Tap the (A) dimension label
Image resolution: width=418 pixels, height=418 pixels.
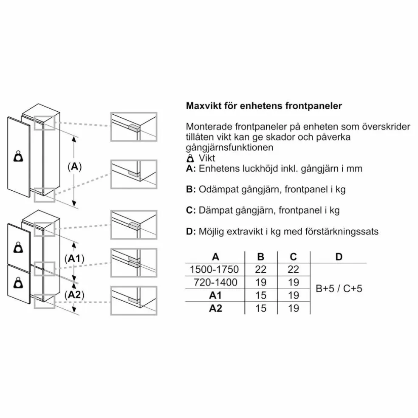75,167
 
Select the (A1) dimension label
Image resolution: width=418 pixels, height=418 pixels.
74,258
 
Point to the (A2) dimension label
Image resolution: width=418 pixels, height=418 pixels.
74,295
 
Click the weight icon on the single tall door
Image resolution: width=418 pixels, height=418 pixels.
18,156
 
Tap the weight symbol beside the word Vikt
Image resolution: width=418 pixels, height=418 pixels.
190,158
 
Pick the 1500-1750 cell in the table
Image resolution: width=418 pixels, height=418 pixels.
214,269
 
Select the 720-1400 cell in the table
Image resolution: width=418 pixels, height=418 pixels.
215,282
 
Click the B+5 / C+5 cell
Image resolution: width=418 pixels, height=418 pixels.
339,289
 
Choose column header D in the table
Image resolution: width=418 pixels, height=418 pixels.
339,257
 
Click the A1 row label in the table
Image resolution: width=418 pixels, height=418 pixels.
215,295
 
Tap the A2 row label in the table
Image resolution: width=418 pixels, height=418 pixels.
215,308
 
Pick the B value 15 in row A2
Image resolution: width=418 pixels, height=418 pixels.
261,308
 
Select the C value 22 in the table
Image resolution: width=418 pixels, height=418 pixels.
293,269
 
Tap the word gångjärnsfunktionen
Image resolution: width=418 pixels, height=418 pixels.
229,148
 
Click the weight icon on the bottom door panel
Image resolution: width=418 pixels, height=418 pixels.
18,283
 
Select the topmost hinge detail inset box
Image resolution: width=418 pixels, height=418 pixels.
134,127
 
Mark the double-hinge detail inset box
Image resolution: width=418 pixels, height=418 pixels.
134,263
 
